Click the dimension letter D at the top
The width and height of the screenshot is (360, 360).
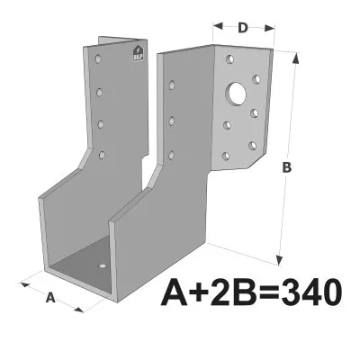(243, 28)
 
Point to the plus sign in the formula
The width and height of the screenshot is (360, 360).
(193, 292)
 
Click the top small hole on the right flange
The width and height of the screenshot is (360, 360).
(231, 58)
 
